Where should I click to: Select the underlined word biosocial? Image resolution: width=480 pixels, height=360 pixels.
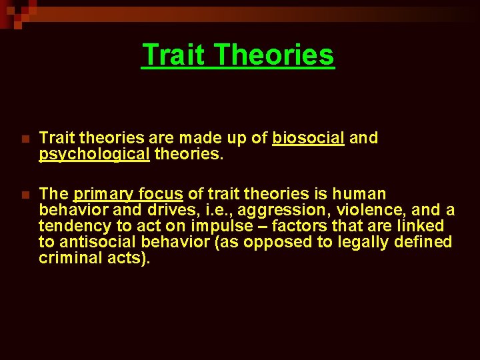(x=308, y=138)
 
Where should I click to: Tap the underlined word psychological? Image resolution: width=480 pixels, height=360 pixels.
(x=94, y=154)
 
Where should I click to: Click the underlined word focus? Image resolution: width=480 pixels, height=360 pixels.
(x=158, y=194)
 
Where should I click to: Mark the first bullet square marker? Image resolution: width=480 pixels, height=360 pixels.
(x=25, y=139)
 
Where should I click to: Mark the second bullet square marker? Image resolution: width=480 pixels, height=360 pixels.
(x=25, y=195)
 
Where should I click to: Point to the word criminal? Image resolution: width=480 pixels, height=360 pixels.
(x=67, y=258)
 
